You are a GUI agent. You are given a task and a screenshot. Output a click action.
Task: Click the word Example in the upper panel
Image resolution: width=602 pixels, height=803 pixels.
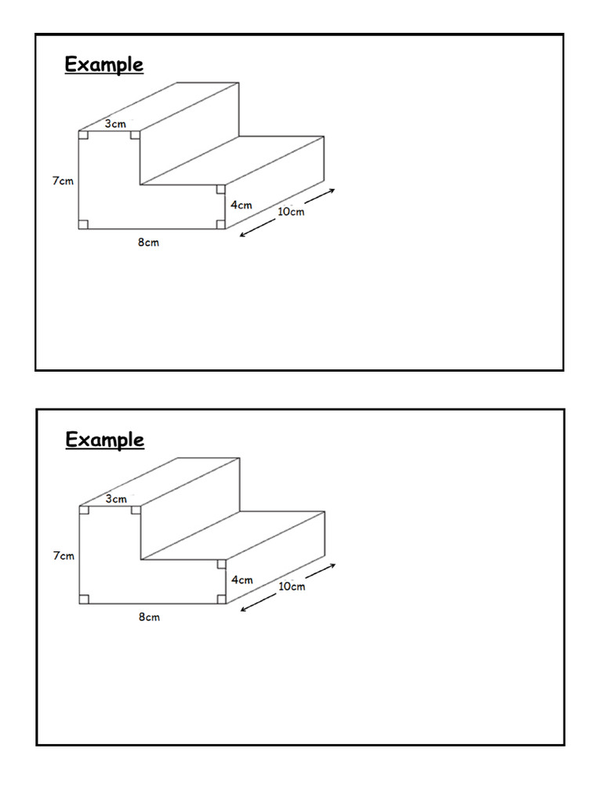pos(104,64)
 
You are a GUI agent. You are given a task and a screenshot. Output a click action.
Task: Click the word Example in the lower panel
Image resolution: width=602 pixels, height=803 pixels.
pos(104,440)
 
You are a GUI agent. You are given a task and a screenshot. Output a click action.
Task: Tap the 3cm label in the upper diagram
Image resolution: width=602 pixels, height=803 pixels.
pos(116,123)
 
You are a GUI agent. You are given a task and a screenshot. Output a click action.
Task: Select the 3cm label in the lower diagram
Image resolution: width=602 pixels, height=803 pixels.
pos(116,498)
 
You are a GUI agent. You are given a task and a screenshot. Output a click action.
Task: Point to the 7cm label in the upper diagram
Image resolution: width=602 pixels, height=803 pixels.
pos(63,181)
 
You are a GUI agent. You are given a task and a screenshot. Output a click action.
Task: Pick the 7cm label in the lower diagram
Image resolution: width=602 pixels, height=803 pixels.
pos(63,556)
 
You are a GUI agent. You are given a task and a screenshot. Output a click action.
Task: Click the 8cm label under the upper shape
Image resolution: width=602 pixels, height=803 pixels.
pos(149,242)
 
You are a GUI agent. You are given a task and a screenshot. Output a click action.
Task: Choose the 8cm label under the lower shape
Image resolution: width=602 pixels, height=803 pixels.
pos(149,617)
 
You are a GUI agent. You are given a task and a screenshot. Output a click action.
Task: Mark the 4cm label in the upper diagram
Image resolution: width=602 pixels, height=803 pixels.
pos(242,205)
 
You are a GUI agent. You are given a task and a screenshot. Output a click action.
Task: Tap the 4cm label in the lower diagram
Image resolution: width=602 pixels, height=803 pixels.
pos(242,580)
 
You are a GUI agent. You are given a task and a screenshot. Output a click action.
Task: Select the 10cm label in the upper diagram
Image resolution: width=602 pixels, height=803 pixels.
pos(291,212)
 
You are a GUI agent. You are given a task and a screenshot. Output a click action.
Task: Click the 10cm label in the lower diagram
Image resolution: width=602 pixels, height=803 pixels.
pos(292,587)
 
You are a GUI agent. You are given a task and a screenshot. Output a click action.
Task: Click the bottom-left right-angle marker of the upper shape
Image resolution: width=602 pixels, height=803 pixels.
pos(83,224)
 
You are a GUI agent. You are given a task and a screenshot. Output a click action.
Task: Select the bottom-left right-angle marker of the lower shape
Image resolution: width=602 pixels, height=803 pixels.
pos(84,599)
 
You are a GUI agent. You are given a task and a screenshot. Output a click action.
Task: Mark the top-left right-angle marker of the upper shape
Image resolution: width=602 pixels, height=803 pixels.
pos(83,136)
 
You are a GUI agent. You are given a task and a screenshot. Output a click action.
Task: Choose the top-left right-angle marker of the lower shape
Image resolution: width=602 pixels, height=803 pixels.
pos(84,511)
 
